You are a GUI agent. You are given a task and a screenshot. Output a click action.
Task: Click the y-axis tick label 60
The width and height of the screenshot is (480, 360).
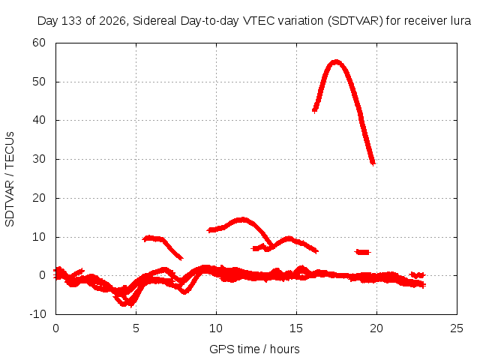pos(39,43)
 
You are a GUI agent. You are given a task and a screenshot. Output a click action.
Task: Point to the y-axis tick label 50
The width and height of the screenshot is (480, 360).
pos(39,82)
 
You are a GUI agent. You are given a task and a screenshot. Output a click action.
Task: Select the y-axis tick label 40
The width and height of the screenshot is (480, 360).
pos(39,120)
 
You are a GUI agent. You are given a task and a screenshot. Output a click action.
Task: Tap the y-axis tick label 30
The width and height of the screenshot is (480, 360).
pos(39,159)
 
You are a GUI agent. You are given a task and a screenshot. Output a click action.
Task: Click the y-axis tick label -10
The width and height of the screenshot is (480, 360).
pos(37,313)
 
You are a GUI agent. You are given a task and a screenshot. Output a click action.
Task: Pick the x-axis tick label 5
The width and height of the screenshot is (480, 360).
pos(136,328)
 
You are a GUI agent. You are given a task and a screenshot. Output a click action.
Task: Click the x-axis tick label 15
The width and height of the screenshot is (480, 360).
pos(296,328)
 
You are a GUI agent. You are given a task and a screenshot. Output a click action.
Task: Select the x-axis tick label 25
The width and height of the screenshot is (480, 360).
pos(457,328)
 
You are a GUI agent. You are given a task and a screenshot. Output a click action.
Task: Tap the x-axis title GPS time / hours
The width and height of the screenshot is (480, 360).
pos(254,349)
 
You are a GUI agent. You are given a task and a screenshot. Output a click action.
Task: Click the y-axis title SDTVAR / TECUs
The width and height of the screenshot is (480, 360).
pos(10,179)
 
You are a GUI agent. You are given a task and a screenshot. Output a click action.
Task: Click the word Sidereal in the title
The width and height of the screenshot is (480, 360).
pos(154,21)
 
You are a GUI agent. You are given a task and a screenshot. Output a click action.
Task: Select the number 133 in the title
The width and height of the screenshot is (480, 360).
pos(72,21)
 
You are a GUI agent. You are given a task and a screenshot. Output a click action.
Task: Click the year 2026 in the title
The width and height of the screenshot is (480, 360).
pos(112,21)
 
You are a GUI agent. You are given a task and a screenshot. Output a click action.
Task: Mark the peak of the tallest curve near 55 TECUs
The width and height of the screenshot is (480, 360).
pos(336,62)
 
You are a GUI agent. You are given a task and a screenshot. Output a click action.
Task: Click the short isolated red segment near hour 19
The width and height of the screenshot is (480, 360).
pos(363,252)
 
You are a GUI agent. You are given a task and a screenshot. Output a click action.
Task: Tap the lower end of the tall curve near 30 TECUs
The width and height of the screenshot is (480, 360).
pos(373,163)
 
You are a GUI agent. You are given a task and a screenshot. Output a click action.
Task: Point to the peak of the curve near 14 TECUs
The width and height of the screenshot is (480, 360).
pos(242,220)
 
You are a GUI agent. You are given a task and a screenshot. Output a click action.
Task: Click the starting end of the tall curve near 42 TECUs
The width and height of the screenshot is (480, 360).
pos(314,110)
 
